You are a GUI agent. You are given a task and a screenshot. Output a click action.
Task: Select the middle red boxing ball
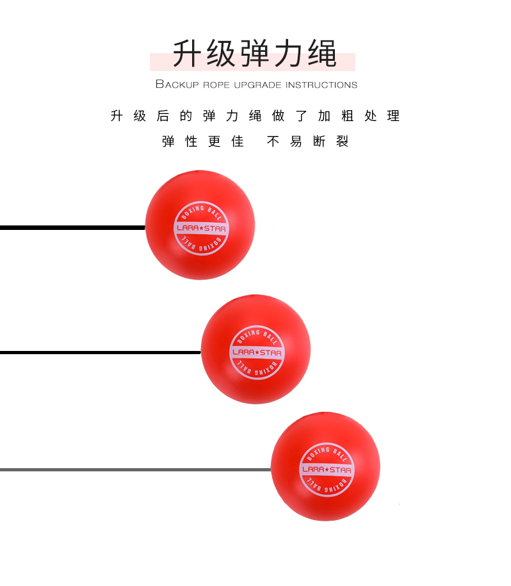[255, 349]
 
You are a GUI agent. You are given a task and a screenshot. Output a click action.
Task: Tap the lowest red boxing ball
[325, 466]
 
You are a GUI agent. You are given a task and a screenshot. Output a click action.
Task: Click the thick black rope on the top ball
[70, 227]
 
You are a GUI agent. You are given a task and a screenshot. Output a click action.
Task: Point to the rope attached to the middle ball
[96, 352]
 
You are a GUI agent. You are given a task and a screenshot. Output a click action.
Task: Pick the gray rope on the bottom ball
[128, 469]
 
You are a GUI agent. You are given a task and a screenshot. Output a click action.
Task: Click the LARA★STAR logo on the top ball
[200, 228]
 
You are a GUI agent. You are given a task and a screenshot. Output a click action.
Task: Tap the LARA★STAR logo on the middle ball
[256, 352]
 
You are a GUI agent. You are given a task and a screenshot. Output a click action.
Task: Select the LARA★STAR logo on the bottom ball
[326, 469]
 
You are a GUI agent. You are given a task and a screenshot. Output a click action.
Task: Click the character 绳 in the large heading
[321, 54]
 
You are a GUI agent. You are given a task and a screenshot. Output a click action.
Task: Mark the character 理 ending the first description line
[393, 116]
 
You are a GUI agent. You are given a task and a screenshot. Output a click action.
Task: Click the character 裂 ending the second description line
[343, 142]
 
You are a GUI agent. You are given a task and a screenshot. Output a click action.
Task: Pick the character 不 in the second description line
[273, 142]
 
